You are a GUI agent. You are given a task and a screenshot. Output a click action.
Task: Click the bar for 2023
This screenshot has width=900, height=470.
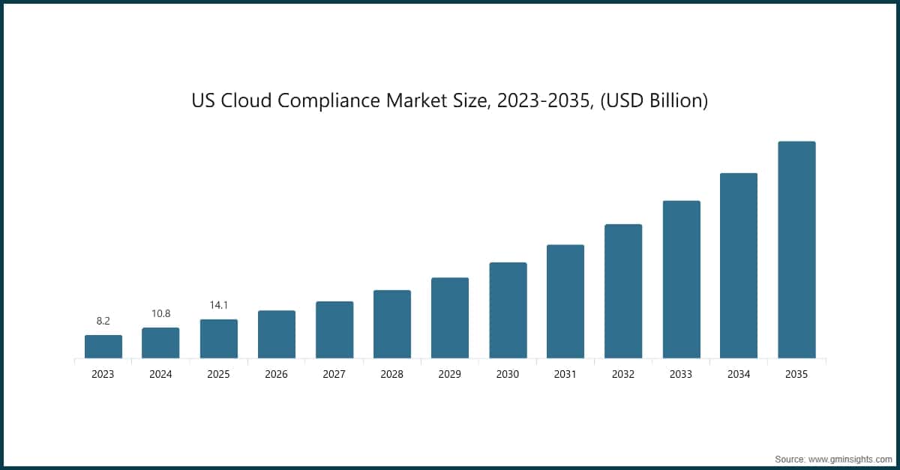tap(103, 346)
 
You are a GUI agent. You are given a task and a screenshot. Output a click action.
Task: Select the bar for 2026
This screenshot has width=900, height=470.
tap(276, 334)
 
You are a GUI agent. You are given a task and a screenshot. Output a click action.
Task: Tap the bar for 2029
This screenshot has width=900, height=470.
tap(450, 318)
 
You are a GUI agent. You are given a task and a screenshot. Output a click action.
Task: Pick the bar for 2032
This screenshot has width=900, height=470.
tap(623, 291)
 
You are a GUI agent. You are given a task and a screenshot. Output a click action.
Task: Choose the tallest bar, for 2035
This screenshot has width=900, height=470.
tap(796, 250)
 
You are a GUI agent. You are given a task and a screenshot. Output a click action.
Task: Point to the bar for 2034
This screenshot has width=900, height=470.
tap(739, 265)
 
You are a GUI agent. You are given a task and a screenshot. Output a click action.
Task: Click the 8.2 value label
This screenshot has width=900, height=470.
tap(103, 321)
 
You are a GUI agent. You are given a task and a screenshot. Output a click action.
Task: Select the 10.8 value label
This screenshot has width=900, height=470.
tap(160, 313)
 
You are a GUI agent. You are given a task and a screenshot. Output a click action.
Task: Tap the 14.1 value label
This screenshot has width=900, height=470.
tap(218, 305)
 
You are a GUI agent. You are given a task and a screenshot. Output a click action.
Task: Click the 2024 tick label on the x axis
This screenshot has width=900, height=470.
tap(160, 374)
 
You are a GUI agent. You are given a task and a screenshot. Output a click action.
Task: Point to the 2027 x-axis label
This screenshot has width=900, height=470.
tap(334, 374)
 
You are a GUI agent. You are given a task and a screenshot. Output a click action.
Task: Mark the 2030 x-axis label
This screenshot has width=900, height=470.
tap(508, 374)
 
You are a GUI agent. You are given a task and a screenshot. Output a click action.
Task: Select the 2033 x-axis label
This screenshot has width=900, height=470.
tap(681, 374)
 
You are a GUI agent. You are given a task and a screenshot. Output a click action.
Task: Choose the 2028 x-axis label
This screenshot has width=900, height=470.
tap(391, 374)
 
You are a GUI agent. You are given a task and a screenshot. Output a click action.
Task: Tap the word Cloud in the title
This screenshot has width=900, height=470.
tap(245, 100)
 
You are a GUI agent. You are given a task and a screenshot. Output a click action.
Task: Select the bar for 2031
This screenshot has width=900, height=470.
tap(565, 301)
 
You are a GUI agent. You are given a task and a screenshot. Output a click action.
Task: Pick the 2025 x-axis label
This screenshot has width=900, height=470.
tap(218, 374)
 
